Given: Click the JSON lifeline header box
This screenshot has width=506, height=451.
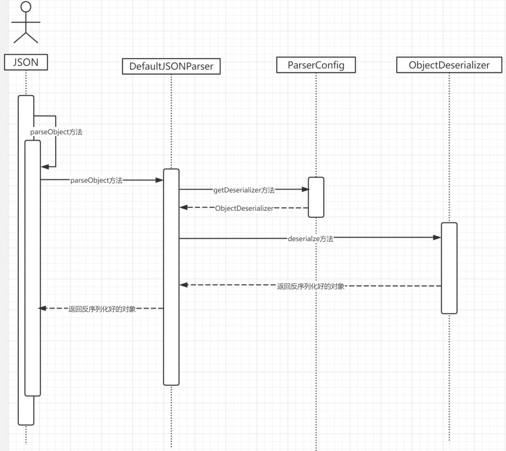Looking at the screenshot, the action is point(26,62).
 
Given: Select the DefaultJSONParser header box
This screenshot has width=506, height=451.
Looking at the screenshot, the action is point(172,66).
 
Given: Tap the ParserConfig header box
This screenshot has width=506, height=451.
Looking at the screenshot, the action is point(316,65).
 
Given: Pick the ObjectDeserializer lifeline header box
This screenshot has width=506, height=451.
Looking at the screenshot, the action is point(449,65).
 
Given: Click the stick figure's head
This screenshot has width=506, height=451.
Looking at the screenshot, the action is point(26,7).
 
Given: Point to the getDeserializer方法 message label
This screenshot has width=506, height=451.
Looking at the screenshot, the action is point(244,190).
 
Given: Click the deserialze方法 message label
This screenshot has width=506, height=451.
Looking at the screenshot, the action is point(311,239).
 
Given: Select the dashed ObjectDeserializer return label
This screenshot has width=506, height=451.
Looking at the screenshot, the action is point(244,208).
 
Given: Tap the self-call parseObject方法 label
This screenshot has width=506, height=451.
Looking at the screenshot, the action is point(56,132).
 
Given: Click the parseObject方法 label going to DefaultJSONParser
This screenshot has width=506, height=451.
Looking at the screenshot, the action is point(97,180).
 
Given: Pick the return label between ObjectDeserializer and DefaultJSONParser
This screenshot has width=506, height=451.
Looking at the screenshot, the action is point(311,286).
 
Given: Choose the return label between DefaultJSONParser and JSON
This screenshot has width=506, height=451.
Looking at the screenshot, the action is point(102,309).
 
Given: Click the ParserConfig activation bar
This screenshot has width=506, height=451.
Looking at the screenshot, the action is point(316,197).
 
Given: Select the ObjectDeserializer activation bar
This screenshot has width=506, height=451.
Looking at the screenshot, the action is point(449,268).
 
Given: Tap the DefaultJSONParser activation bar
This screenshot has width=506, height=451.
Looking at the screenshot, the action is point(172,277).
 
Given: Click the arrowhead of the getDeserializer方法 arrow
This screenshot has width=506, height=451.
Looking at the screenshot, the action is point(305,189).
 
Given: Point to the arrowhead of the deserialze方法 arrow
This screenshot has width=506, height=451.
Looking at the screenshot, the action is point(437,238).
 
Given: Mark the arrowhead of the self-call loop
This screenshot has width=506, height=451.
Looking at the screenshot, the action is point(45,167).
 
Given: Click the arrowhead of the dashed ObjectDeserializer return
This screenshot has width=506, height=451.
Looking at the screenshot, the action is point(184,207).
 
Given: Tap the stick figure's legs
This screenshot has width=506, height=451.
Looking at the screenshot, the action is point(26,37).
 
